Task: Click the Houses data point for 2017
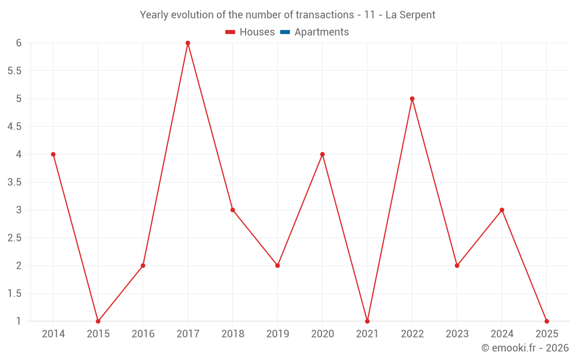pyautogui.click(x=187, y=43)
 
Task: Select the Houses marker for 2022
pyautogui.click(x=412, y=98)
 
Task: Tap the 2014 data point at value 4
pyautogui.click(x=53, y=154)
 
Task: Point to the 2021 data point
pyautogui.click(x=367, y=321)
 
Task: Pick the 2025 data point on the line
pyautogui.click(x=547, y=321)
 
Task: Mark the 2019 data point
pyautogui.click(x=277, y=266)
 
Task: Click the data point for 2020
pyautogui.click(x=322, y=154)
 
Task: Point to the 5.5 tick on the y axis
pyautogui.click(x=14, y=71)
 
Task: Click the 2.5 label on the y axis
pyautogui.click(x=14, y=238)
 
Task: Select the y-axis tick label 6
pyautogui.click(x=19, y=43)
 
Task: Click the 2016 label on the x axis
pyautogui.click(x=143, y=334)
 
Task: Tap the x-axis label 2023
pyautogui.click(x=457, y=334)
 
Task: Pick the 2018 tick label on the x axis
pyautogui.click(x=232, y=334)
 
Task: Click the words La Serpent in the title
pyautogui.click(x=410, y=15)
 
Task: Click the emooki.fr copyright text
pyautogui.click(x=524, y=348)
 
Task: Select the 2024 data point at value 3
pyautogui.click(x=502, y=210)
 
